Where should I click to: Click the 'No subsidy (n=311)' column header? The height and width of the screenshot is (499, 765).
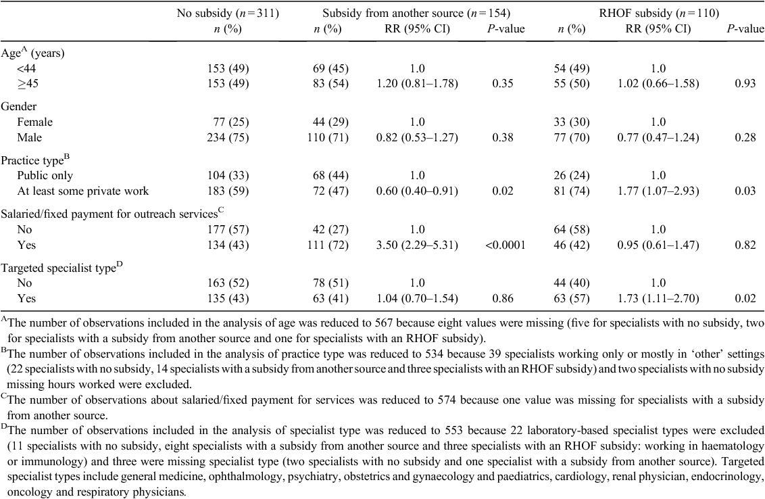(x=228, y=13)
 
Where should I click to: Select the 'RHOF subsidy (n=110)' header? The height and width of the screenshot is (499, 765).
(x=659, y=13)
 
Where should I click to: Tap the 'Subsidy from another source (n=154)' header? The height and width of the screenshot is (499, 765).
(x=416, y=13)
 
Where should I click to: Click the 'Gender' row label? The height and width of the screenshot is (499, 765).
(x=18, y=106)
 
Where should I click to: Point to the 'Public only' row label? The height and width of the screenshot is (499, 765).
(x=45, y=175)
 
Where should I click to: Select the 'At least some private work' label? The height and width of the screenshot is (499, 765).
(x=83, y=191)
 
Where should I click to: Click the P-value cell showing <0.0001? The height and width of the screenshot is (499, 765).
(x=505, y=245)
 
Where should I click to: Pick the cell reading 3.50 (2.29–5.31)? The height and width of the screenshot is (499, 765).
(x=417, y=245)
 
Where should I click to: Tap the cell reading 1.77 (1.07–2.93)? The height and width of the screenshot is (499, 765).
(x=658, y=191)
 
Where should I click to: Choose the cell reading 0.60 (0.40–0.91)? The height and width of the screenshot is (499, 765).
(x=417, y=191)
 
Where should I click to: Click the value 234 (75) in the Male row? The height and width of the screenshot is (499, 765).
(x=228, y=137)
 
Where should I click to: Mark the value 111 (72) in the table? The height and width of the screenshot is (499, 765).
(x=330, y=245)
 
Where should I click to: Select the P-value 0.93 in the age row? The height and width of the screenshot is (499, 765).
(x=745, y=83)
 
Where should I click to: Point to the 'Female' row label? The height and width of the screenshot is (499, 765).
(x=34, y=122)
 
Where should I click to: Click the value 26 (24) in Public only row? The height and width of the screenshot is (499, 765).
(x=571, y=175)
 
